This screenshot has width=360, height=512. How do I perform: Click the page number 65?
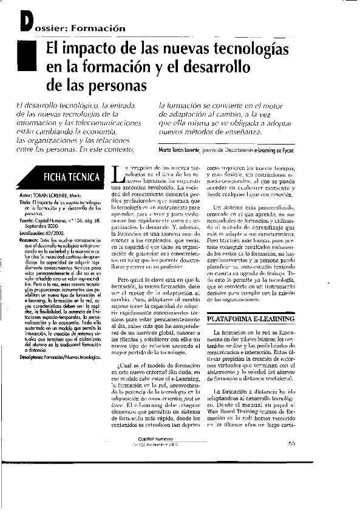291,477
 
